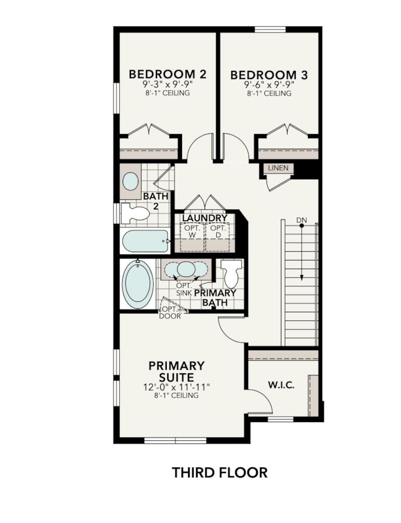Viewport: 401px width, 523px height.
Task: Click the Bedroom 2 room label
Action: pyautogui.click(x=167, y=75)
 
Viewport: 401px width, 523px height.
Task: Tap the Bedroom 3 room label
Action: pyautogui.click(x=269, y=75)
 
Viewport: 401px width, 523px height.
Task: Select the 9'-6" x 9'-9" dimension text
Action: pyautogui.click(x=269, y=85)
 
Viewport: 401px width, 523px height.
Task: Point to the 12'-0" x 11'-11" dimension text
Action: pyautogui.click(x=177, y=387)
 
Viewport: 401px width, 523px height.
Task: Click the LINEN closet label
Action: pyautogui.click(x=278, y=168)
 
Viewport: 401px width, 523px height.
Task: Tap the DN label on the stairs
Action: pyautogui.click(x=301, y=220)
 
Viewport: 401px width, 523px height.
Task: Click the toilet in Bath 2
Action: pyautogui.click(x=135, y=213)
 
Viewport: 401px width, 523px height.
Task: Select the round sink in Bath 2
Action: pyautogui.click(x=131, y=181)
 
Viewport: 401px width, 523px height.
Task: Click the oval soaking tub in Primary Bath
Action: pyautogui.click(x=138, y=284)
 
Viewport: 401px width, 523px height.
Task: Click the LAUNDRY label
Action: pyautogui.click(x=204, y=218)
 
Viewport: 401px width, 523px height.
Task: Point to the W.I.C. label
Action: pyautogui.click(x=281, y=385)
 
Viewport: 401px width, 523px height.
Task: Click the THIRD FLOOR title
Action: pyautogui.click(x=220, y=472)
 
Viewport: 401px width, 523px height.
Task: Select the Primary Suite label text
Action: pyautogui.click(x=177, y=371)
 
